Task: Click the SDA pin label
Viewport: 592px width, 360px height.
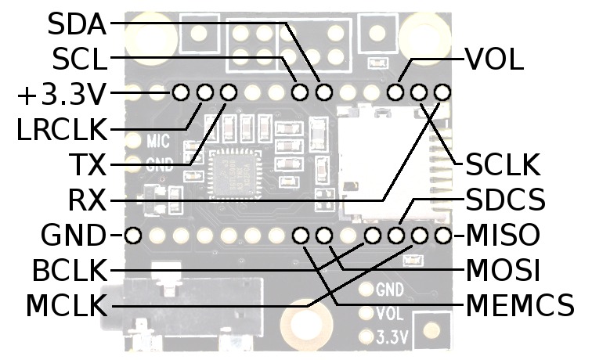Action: (76, 23)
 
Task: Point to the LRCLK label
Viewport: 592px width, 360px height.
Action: (61, 128)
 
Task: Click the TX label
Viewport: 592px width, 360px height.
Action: (88, 165)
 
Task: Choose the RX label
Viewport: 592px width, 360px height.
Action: (88, 200)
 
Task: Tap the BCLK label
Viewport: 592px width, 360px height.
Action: (68, 271)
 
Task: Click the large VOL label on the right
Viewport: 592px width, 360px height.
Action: (494, 59)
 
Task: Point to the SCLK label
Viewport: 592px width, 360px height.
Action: (503, 165)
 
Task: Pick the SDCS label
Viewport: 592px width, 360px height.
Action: (505, 200)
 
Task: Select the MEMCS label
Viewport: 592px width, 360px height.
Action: (520, 306)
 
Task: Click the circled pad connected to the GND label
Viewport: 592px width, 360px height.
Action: (133, 234)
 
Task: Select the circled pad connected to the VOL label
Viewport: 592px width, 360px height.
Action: (395, 93)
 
